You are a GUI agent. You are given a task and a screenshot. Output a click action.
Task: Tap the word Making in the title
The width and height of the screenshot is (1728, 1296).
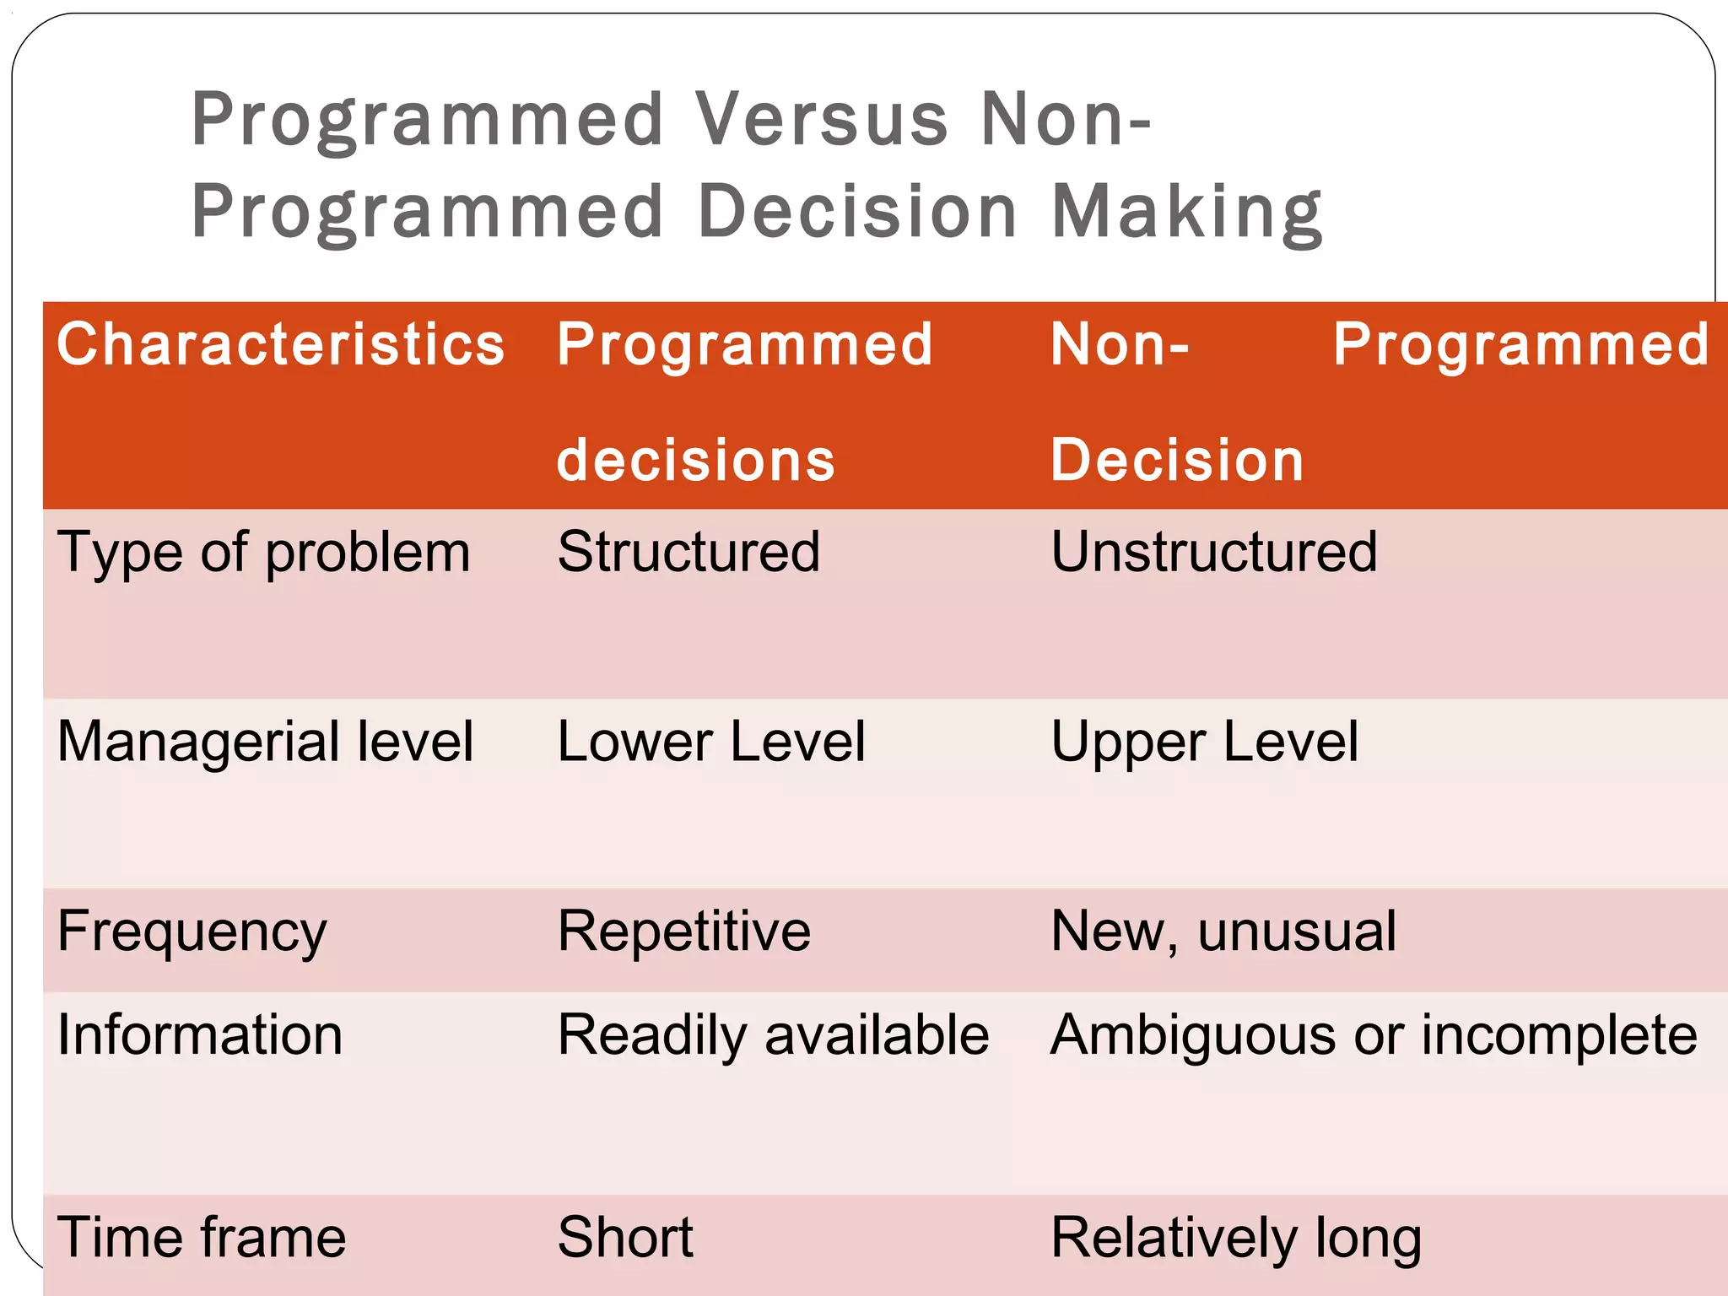click(1186, 212)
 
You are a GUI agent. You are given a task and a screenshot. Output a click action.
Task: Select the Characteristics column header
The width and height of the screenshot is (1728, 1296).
click(280, 345)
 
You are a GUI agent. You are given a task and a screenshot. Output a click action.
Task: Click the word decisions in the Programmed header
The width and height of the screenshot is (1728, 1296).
click(695, 461)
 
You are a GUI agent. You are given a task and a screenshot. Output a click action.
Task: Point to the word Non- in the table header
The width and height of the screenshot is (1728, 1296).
click(1120, 345)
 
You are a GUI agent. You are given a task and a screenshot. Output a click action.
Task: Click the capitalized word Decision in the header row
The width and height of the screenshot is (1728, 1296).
click(1177, 461)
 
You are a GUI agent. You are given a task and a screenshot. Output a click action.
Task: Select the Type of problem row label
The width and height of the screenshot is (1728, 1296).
click(263, 553)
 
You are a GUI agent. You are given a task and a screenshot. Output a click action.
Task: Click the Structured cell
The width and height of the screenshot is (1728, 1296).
click(688, 552)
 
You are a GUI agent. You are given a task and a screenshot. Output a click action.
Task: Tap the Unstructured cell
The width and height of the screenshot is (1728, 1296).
click(1213, 552)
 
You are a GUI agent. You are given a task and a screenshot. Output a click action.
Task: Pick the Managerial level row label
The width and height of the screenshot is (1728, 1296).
click(265, 742)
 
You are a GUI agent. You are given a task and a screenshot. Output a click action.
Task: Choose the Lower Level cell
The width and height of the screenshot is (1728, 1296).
click(711, 742)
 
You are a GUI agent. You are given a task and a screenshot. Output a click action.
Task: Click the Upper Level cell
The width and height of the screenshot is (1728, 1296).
click(1204, 742)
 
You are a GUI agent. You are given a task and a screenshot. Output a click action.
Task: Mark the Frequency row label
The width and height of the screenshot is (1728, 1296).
click(192, 932)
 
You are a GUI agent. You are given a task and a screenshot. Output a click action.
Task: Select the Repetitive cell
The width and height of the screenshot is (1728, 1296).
click(684, 931)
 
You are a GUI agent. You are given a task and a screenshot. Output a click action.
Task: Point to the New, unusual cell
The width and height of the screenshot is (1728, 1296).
click(1223, 931)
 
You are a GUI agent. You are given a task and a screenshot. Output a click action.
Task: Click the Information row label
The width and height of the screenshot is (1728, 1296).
click(200, 1035)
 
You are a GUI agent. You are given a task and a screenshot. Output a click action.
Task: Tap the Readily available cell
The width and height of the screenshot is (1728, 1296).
click(773, 1035)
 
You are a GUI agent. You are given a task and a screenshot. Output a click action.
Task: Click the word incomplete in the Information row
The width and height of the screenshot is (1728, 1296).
click(1559, 1035)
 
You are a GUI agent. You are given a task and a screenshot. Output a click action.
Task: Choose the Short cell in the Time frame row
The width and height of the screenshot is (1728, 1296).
click(625, 1238)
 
